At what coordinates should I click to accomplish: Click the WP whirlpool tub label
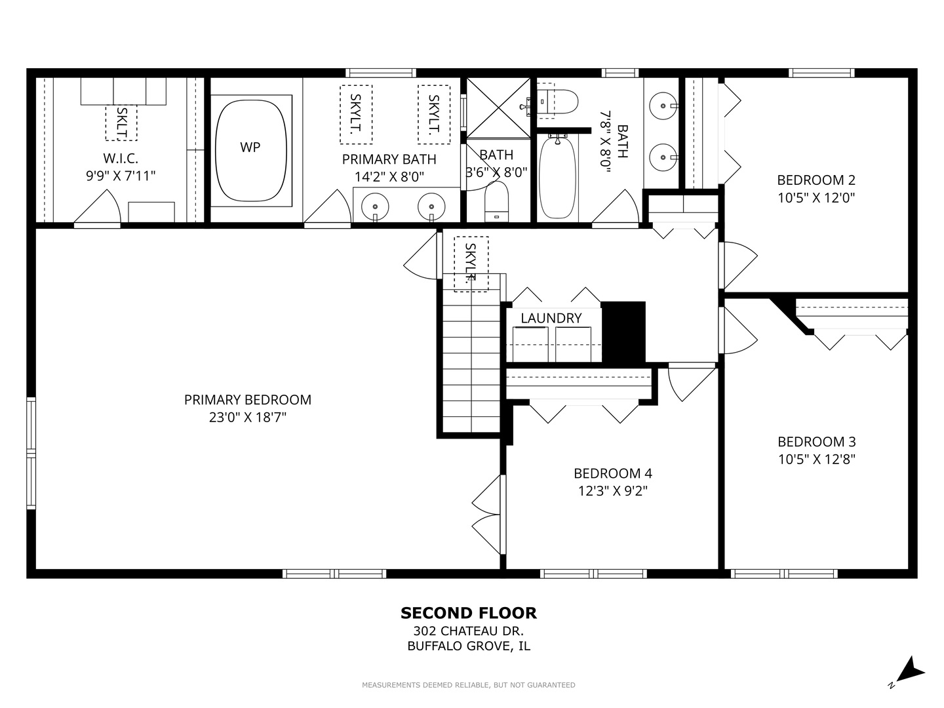(x=250, y=147)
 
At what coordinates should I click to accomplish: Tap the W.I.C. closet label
(x=121, y=158)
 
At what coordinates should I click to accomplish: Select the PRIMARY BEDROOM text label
(x=248, y=400)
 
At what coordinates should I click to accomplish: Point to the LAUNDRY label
(x=551, y=318)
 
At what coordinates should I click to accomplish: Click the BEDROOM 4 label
(x=613, y=473)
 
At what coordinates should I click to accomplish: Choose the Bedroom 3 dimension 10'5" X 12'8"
(x=816, y=460)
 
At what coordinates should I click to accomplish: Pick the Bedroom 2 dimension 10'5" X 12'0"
(x=816, y=198)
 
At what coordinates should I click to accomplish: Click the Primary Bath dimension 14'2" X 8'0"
(x=389, y=177)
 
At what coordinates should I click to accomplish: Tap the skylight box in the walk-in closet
(x=121, y=123)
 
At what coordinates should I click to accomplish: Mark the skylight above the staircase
(x=471, y=264)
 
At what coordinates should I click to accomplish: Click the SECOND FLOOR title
(x=469, y=613)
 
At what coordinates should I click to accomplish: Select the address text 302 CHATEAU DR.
(x=468, y=631)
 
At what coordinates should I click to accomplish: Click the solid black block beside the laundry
(x=623, y=332)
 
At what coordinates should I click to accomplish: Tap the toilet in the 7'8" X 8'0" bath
(x=553, y=102)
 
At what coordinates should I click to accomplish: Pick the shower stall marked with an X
(x=498, y=108)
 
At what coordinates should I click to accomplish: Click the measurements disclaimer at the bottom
(x=468, y=685)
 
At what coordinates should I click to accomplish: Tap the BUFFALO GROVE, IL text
(x=469, y=646)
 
